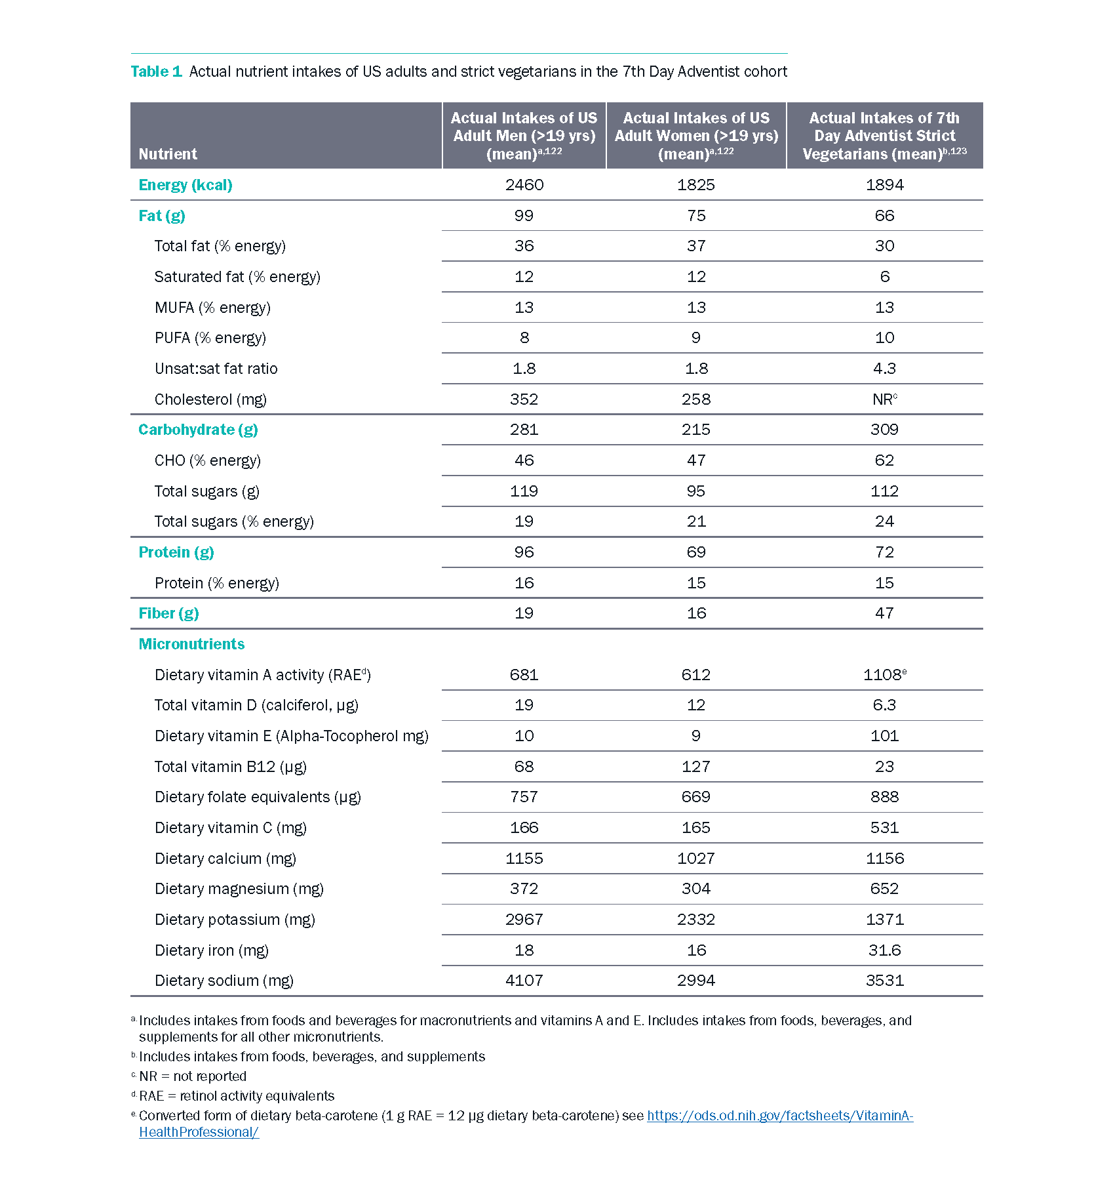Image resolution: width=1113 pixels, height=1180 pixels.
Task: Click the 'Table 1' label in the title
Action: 156,71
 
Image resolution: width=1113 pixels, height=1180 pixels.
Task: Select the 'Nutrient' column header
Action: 168,154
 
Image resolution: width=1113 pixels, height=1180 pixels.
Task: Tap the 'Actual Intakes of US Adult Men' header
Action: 524,136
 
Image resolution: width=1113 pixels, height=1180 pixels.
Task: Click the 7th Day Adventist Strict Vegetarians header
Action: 884,136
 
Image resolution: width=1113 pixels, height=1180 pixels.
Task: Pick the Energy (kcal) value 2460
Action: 524,185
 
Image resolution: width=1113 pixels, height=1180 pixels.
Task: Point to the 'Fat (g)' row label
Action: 162,216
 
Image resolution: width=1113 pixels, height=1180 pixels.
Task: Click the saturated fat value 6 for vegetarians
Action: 884,277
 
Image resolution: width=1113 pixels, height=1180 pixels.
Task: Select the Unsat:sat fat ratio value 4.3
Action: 884,369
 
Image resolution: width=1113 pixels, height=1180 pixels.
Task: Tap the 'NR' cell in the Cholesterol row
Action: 884,399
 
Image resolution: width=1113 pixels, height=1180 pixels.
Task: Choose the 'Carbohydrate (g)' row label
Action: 198,430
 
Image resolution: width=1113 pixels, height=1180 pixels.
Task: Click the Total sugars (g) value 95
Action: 696,491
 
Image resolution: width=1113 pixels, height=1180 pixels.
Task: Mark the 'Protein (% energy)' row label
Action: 217,583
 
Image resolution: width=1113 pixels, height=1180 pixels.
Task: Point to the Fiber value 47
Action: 884,613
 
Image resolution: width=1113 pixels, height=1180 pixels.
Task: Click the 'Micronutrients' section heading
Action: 191,644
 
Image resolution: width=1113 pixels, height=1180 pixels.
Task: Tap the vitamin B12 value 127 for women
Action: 696,767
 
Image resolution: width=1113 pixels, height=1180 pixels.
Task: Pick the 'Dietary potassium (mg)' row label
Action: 235,920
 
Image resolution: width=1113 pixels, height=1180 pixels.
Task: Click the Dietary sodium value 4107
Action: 524,981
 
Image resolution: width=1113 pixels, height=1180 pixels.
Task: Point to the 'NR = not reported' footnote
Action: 193,1076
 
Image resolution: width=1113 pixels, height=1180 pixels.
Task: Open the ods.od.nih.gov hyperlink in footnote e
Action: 780,1116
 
